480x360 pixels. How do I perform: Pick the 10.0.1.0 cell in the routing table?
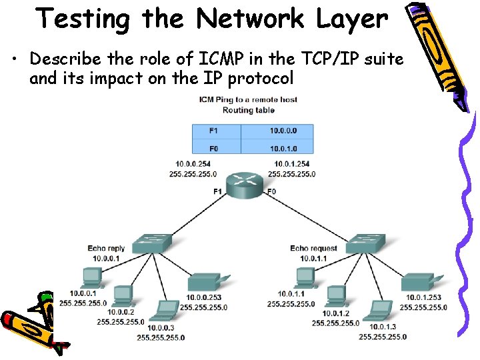[x=283, y=147]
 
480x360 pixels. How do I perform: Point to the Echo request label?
[x=313, y=249]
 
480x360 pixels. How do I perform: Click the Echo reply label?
[x=107, y=249]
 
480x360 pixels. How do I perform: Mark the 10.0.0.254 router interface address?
[x=194, y=164]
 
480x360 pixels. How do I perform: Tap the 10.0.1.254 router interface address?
[x=291, y=164]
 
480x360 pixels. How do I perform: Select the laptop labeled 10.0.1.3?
[x=380, y=310]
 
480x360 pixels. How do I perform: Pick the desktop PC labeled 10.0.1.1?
[x=305, y=277]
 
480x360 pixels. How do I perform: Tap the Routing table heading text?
[x=247, y=109]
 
